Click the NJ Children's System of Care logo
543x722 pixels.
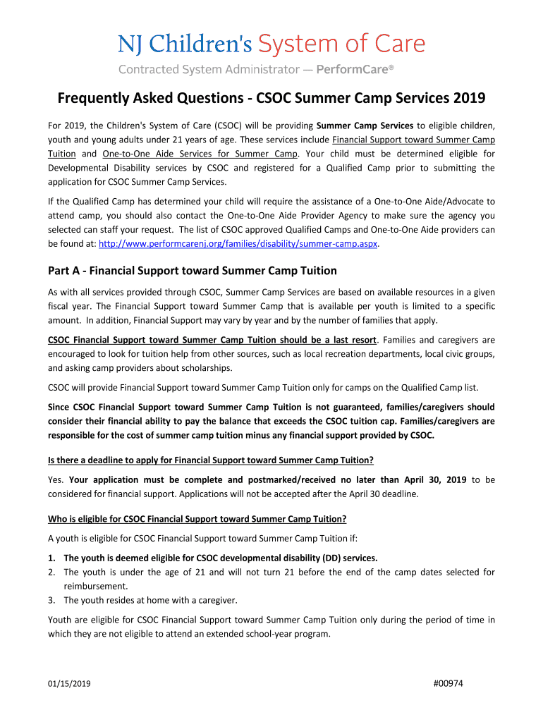point(271,45)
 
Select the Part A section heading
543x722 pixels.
point(182,271)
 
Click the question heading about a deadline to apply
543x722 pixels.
point(210,460)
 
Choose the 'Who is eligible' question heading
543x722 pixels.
point(197,520)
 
